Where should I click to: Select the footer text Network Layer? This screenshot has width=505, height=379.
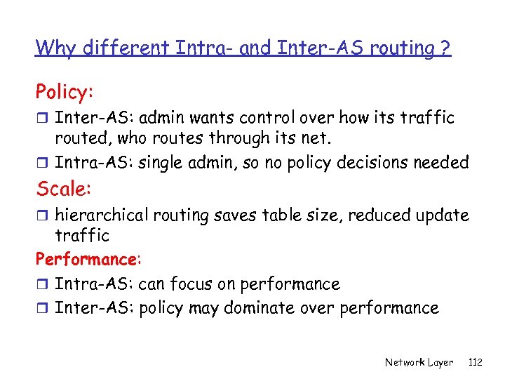pos(419,362)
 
